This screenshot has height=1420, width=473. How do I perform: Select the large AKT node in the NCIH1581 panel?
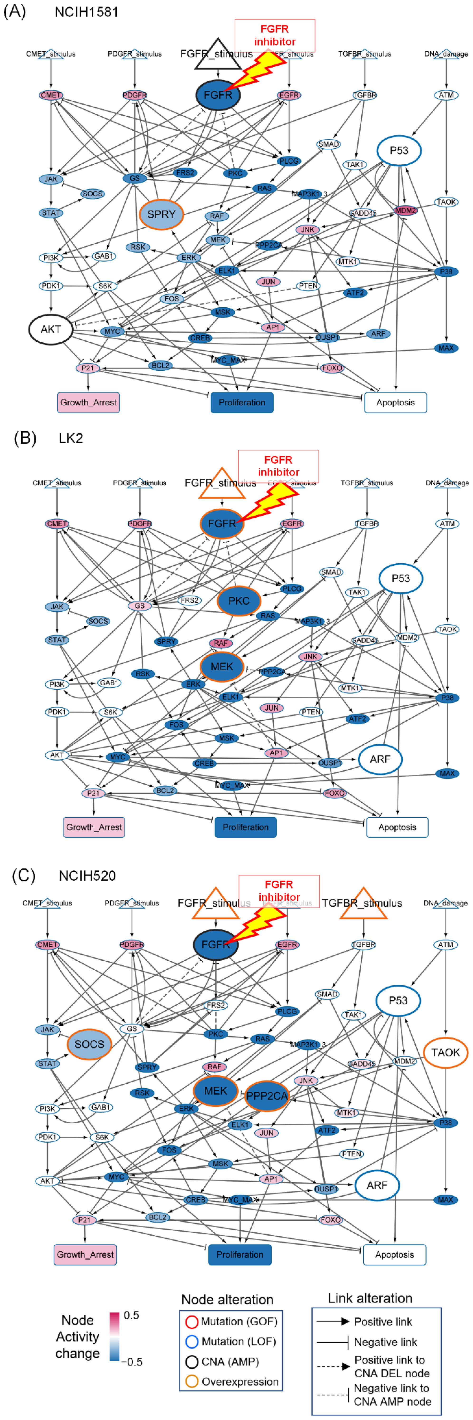(x=51, y=329)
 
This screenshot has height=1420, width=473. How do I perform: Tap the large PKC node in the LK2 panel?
(x=239, y=601)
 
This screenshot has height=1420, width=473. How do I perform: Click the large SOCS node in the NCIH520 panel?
(x=89, y=1044)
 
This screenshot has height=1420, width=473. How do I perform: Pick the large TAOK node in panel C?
(x=445, y=1052)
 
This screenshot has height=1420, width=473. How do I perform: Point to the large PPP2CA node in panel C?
(x=267, y=1096)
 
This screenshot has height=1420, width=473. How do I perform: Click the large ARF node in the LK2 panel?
(x=380, y=759)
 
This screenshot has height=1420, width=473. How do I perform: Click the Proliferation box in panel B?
(x=246, y=827)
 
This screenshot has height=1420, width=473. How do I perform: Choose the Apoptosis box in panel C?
(x=394, y=1254)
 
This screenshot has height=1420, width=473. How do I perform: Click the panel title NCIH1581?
(x=86, y=12)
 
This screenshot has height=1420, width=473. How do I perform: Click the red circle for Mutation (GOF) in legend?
(x=191, y=1321)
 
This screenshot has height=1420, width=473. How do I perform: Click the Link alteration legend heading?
(x=370, y=1298)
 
